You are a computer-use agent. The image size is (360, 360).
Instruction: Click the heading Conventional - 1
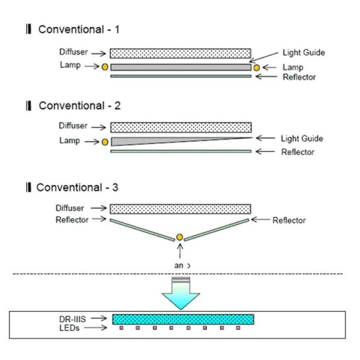[79, 29]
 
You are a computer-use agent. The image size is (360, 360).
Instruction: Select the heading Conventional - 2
[79, 106]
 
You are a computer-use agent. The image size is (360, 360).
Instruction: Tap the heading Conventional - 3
[77, 187]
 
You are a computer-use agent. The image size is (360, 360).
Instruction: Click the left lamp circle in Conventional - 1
[105, 67]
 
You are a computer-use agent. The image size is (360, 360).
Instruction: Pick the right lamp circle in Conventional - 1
[257, 68]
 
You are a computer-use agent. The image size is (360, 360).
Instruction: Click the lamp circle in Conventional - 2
[105, 142]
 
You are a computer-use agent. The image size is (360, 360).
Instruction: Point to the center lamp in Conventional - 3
[179, 238]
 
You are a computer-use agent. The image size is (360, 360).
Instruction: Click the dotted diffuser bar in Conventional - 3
[180, 209]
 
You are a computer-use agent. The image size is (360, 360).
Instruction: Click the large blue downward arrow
[180, 294]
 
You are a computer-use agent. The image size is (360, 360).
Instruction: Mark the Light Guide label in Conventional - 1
[304, 53]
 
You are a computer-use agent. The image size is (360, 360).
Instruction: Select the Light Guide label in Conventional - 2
[302, 139]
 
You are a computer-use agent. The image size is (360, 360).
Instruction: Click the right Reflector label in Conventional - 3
[289, 221]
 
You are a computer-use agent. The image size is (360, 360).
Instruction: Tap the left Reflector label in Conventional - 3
[72, 220]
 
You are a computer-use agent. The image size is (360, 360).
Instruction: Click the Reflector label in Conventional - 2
[298, 152]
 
